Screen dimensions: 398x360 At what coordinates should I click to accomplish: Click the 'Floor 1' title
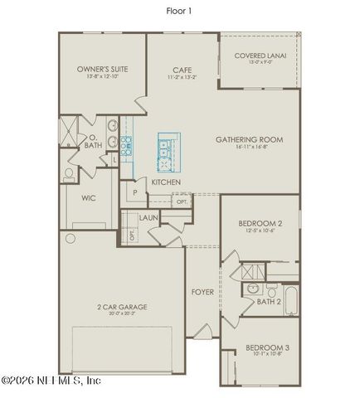[179, 11]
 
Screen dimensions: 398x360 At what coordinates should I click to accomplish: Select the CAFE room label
[182, 70]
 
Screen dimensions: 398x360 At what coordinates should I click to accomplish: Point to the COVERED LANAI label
[260, 56]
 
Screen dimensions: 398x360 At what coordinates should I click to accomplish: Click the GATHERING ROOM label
[249, 139]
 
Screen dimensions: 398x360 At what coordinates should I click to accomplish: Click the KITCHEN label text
[166, 182]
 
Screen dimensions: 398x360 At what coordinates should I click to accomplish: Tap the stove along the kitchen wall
[127, 147]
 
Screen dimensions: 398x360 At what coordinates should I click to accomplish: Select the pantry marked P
[134, 193]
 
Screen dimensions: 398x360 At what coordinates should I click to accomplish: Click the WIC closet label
[89, 198]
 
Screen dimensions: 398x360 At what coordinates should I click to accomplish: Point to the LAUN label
[148, 217]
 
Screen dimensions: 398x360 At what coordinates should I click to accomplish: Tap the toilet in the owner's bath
[69, 174]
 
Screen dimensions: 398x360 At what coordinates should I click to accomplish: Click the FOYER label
[202, 291]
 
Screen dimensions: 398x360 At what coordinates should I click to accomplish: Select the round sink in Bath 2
[252, 289]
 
